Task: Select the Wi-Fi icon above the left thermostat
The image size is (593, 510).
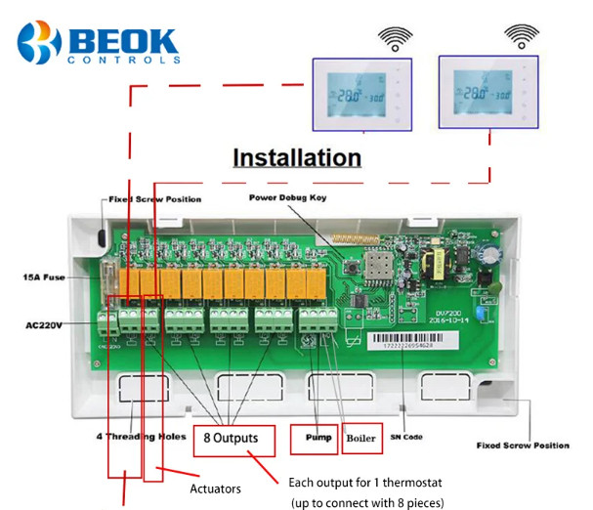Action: click(393, 39)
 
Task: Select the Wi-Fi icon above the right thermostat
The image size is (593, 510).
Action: click(518, 39)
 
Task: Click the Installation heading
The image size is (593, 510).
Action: click(296, 157)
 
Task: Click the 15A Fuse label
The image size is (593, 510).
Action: click(45, 277)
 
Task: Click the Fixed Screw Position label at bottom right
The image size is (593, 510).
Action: click(523, 446)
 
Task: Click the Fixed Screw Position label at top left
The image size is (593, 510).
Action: click(156, 199)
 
